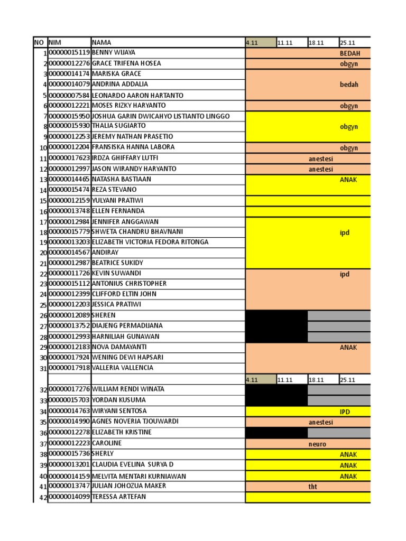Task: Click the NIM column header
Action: coord(55,42)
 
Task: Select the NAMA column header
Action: coord(102,42)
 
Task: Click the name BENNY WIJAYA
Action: coord(114,53)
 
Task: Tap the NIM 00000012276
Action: coord(69,63)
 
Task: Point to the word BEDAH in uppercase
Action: coord(349,53)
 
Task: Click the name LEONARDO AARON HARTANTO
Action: coord(137,96)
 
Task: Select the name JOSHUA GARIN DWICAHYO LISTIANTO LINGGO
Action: coord(161,116)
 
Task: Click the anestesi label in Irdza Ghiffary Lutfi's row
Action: coord(321,158)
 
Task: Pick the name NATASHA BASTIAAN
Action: coord(121,180)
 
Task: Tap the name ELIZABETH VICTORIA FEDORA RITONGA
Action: coord(150,242)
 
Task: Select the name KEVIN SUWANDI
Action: coord(116,274)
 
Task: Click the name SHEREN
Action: coord(104,315)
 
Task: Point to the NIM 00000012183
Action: coord(69,347)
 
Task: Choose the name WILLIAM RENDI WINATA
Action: coord(128,389)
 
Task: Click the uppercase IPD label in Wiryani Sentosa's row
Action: coord(345,412)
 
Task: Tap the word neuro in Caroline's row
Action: coord(317,444)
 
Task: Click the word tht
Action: coord(313,487)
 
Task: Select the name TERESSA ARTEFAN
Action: coord(119,497)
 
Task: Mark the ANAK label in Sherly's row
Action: coord(348,454)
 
